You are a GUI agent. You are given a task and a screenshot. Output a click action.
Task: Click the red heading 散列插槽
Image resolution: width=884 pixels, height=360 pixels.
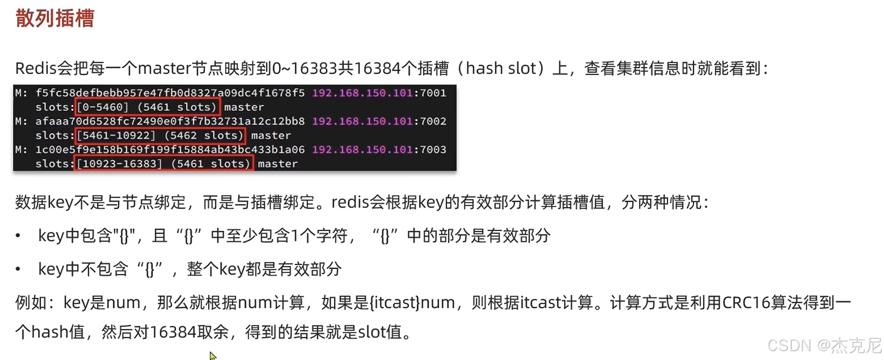55,19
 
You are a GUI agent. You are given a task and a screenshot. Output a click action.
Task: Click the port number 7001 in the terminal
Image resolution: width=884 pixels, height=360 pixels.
433,93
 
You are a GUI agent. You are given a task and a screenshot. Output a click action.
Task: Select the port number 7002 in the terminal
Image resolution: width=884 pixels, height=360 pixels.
433,121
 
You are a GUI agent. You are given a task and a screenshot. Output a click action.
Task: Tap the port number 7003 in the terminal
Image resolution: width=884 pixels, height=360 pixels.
433,149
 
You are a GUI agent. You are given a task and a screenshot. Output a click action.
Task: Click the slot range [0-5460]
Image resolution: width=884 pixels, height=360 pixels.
103,107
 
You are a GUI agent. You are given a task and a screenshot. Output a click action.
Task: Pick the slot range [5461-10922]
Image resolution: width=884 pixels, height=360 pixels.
116,136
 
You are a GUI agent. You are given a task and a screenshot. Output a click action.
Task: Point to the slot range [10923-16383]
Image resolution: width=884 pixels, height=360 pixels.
119,164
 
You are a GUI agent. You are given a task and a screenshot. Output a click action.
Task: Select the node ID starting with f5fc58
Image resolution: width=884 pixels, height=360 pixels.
170,93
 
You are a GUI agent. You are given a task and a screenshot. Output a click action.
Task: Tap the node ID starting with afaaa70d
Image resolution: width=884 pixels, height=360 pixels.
170,121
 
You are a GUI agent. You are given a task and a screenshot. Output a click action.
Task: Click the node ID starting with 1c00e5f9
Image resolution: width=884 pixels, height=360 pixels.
170,149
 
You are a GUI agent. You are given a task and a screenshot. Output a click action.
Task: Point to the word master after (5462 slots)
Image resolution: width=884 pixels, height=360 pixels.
271,136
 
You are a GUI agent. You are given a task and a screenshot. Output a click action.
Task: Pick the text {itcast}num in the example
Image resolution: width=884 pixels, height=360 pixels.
412,302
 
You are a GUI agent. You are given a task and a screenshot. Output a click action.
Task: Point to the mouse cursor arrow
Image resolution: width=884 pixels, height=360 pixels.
212,355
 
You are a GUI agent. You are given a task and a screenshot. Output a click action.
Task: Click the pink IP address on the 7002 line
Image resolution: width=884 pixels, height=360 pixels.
362,121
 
